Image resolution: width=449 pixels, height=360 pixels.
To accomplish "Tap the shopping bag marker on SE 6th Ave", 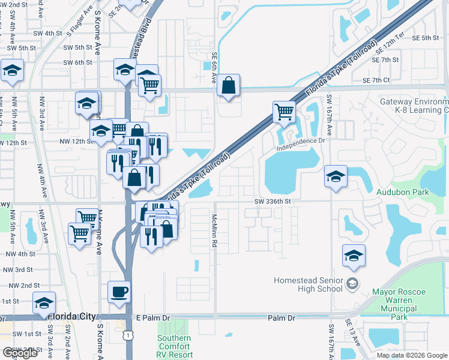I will [228, 86].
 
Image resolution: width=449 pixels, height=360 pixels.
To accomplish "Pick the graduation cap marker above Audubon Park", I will [336, 176].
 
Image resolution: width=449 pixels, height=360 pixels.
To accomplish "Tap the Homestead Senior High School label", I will [307, 284].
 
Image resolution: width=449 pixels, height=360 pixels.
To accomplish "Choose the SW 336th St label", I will [272, 202].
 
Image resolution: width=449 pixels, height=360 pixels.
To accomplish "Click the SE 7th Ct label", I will [376, 80].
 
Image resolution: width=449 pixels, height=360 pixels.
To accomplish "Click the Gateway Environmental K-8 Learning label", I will [414, 106].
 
